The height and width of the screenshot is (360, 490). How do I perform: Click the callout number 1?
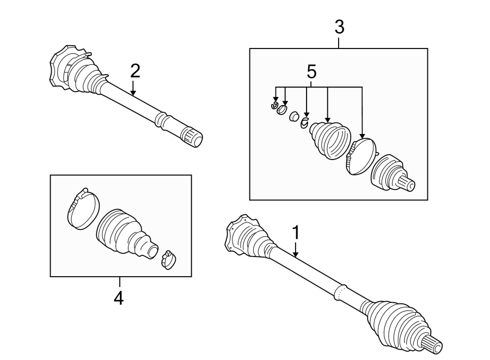[x=296, y=233]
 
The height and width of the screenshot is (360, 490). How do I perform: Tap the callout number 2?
[x=134, y=71]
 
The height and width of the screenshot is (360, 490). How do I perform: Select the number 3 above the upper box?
[x=339, y=26]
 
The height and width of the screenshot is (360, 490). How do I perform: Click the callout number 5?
[x=311, y=71]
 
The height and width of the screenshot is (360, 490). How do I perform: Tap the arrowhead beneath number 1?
[x=296, y=254]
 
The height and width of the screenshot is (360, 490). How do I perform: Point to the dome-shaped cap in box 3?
[x=360, y=156]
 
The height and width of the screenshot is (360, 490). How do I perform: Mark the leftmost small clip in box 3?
[x=275, y=105]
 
